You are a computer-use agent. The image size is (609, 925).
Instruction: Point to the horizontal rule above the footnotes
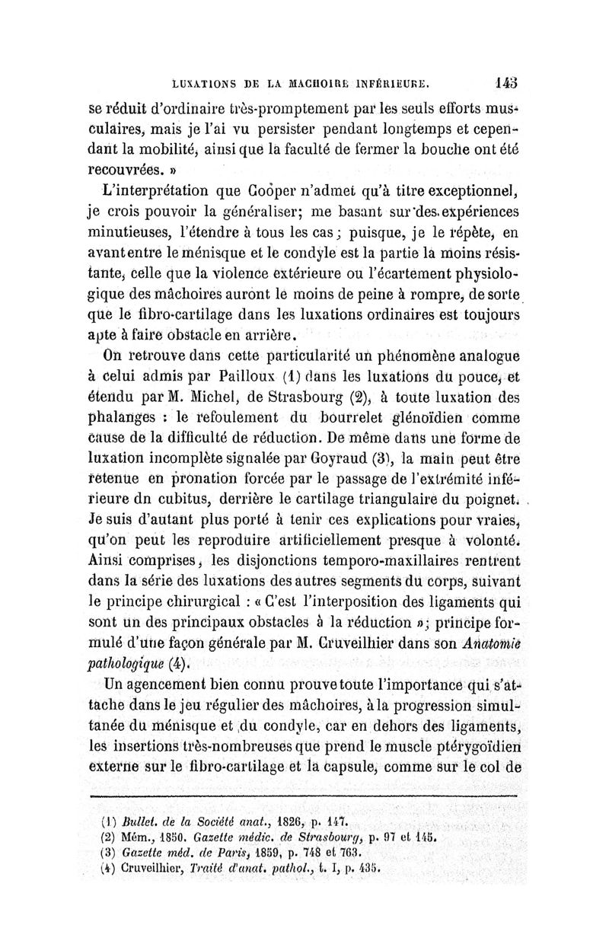[x=304, y=797]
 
